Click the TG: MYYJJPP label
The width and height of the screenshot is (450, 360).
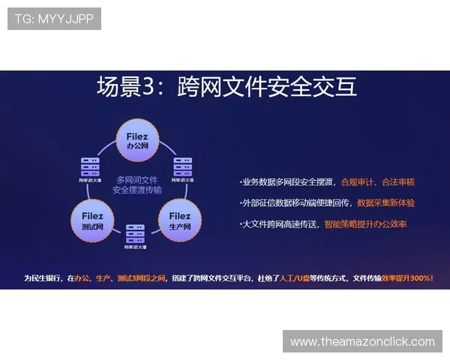coord(54,19)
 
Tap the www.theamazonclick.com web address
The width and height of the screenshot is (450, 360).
coord(362,342)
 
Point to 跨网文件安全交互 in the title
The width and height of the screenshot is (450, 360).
coord(267,87)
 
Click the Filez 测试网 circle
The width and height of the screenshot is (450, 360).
coord(92,220)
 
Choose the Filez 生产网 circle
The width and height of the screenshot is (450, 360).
coord(180,220)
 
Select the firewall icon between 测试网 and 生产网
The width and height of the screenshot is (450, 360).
coord(136,233)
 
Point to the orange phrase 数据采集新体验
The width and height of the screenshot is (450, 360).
coord(385,203)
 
